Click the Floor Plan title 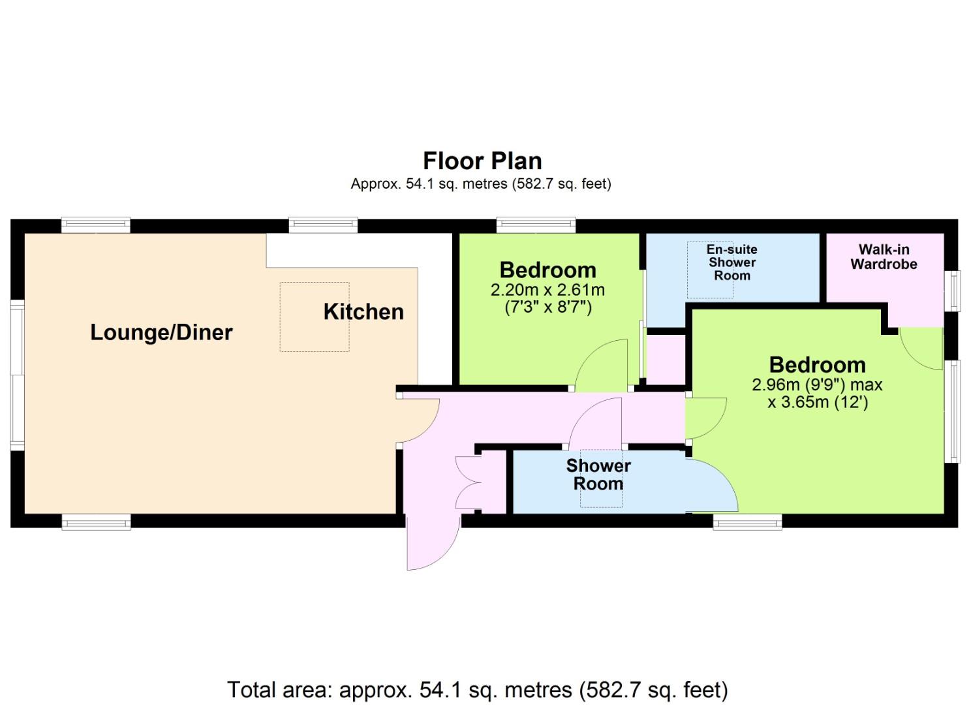482,161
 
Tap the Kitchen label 363,311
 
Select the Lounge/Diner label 161,332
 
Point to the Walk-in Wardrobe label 884,257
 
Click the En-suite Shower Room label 731,262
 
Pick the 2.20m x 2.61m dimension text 547,290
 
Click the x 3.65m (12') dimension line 818,403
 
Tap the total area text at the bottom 478,690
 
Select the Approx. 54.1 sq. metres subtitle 481,184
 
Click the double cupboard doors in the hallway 468,483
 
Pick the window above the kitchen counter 323,224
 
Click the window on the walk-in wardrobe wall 951,290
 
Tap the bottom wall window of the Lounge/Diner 96,522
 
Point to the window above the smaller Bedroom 536,224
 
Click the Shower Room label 598,475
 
